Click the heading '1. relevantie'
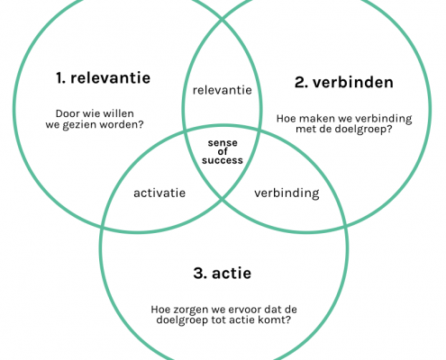coord(103,78)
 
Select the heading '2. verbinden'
coord(344,82)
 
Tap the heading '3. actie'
coord(223,274)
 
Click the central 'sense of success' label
coord(223,151)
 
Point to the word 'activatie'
coord(159,193)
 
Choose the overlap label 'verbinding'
coord(287,193)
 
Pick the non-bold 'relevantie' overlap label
coord(223,90)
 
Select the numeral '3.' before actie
coord(200,274)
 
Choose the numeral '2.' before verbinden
coord(301,82)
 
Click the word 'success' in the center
coord(223,160)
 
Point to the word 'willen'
coord(121,113)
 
